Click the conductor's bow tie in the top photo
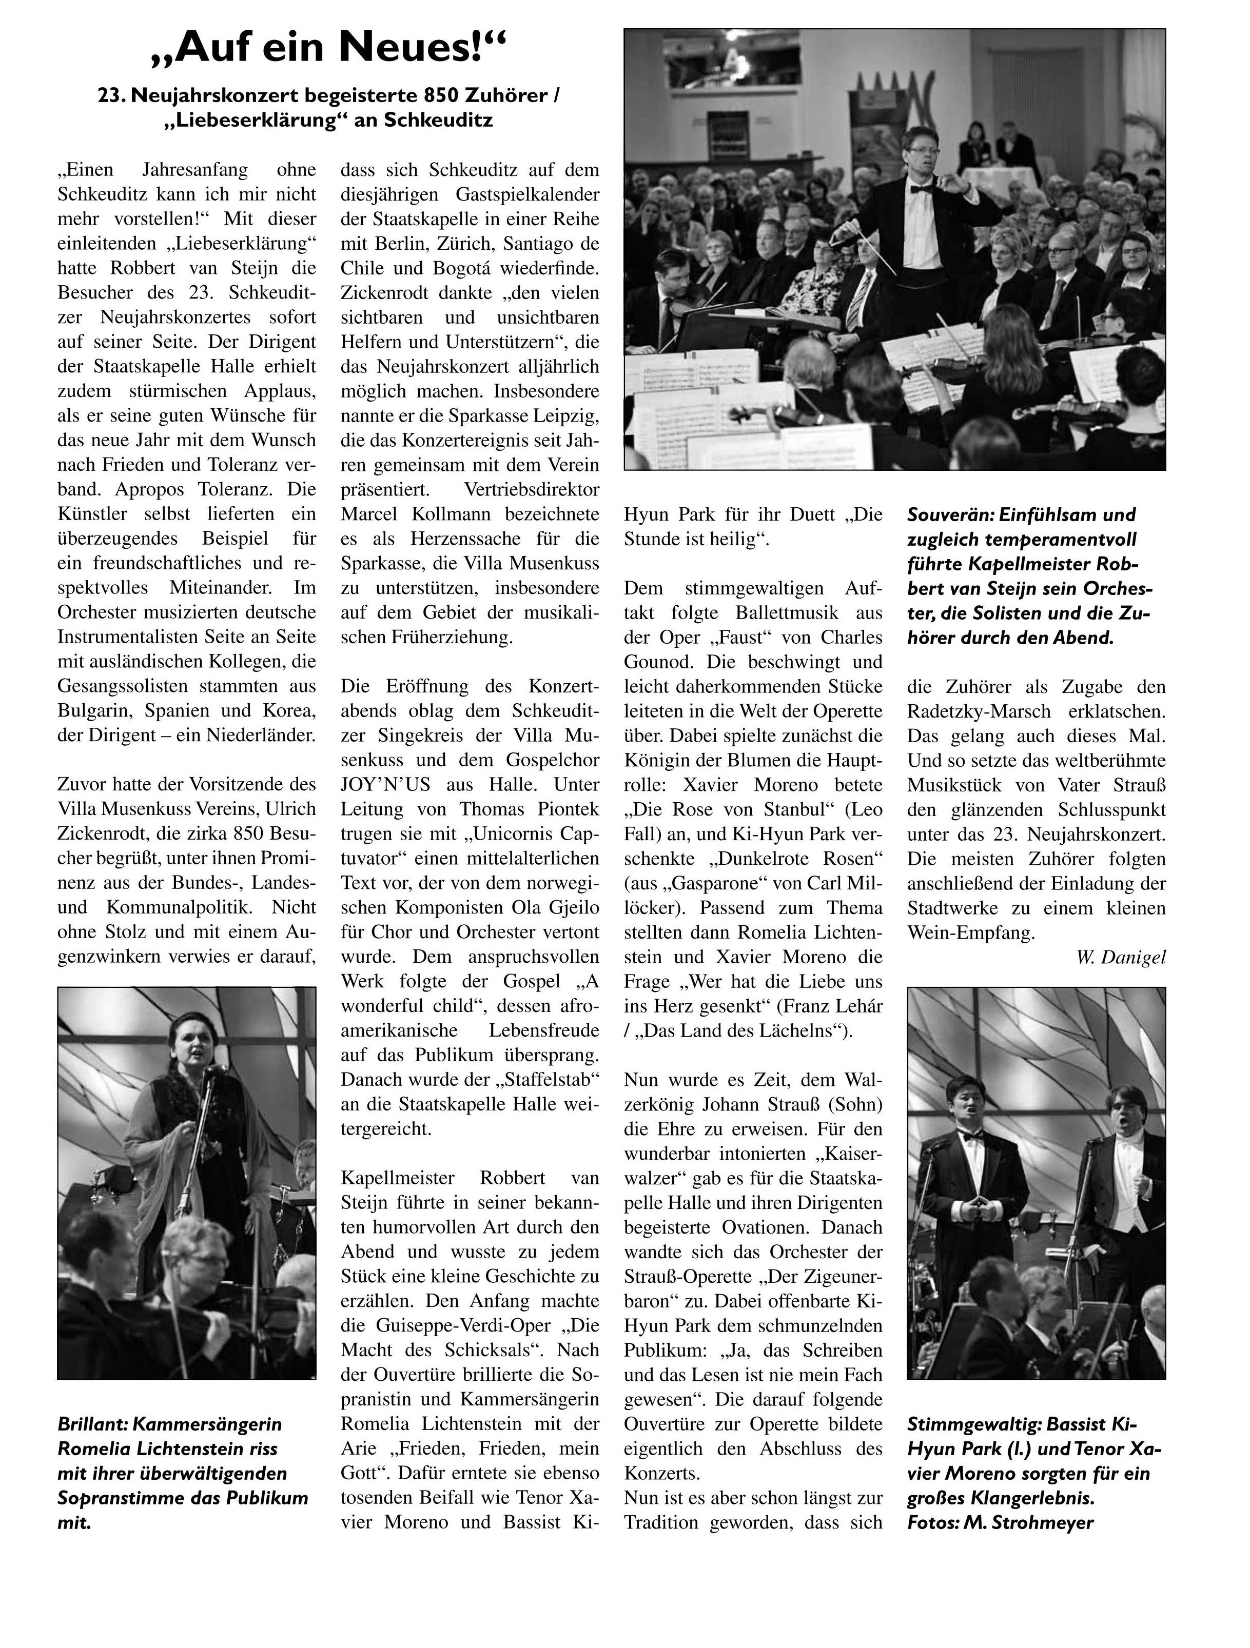(x=921, y=189)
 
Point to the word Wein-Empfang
(x=971, y=933)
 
